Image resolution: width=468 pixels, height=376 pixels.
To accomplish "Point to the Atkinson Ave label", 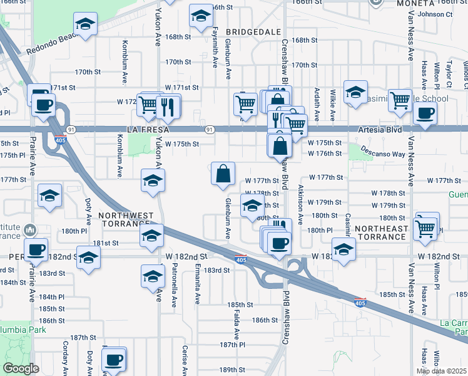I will tap(301, 204).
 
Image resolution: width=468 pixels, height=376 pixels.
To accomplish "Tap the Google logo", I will tap(21, 368).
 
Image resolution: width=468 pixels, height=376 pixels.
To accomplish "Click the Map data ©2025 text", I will tap(442, 371).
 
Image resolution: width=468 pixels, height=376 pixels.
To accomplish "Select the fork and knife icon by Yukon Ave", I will tap(167, 107).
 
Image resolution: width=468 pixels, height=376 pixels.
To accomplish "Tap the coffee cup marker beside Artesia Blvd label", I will tap(425, 113).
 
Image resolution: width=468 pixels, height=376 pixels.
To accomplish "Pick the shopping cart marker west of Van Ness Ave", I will tap(400, 100).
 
